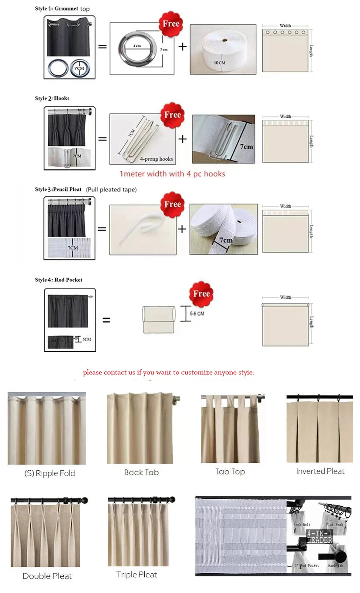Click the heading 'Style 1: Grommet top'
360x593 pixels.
point(62,8)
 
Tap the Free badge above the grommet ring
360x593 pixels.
point(171,24)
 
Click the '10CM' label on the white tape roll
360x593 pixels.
point(219,63)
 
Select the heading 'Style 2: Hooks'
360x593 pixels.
point(52,98)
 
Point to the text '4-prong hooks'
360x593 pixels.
point(156,159)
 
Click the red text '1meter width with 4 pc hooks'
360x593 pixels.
point(172,174)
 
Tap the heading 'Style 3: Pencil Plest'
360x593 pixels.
point(58,189)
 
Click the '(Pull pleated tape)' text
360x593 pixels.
point(111,189)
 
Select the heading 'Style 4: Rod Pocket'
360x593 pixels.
point(58,280)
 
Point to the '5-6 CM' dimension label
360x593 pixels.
point(197,314)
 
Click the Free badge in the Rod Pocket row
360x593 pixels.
point(201,294)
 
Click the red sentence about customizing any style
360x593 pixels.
point(168,372)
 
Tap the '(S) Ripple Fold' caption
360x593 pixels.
point(50,473)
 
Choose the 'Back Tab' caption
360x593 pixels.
point(141,472)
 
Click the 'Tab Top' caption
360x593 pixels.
point(230,471)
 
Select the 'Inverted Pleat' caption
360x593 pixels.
point(320,471)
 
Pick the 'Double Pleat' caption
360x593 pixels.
point(47,576)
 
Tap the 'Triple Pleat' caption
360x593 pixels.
point(136,574)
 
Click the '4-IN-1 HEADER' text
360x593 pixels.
point(319,537)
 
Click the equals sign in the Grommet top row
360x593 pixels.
point(102,47)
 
